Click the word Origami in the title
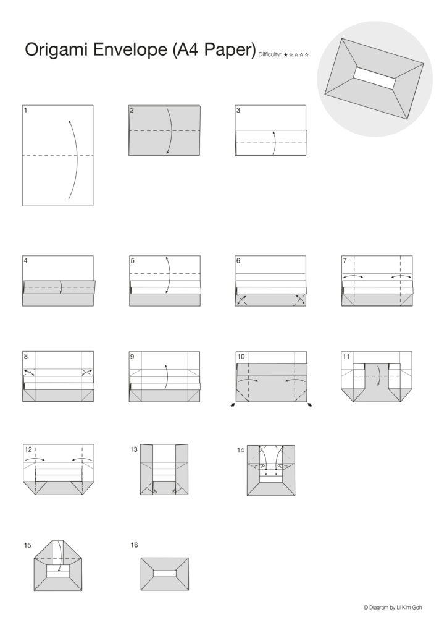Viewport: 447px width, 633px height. click(x=57, y=50)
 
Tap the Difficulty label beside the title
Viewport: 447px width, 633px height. click(x=270, y=54)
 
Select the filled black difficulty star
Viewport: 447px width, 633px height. click(x=285, y=54)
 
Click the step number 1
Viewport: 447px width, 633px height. click(x=26, y=110)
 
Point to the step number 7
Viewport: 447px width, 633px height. click(x=345, y=260)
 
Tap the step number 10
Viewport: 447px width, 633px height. click(x=241, y=357)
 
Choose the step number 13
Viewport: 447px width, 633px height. click(x=134, y=449)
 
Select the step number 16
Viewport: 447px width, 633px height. click(x=134, y=545)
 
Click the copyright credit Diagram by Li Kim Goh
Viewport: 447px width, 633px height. click(x=393, y=607)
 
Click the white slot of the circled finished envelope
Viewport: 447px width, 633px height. click(x=374, y=77)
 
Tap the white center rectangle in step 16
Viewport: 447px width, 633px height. click(x=164, y=574)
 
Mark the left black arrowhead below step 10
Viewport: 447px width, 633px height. click(x=233, y=405)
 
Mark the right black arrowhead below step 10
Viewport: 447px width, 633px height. click(x=309, y=405)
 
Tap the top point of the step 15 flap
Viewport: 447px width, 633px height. click(x=58, y=540)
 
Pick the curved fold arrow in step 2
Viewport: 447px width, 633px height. click(x=171, y=131)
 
